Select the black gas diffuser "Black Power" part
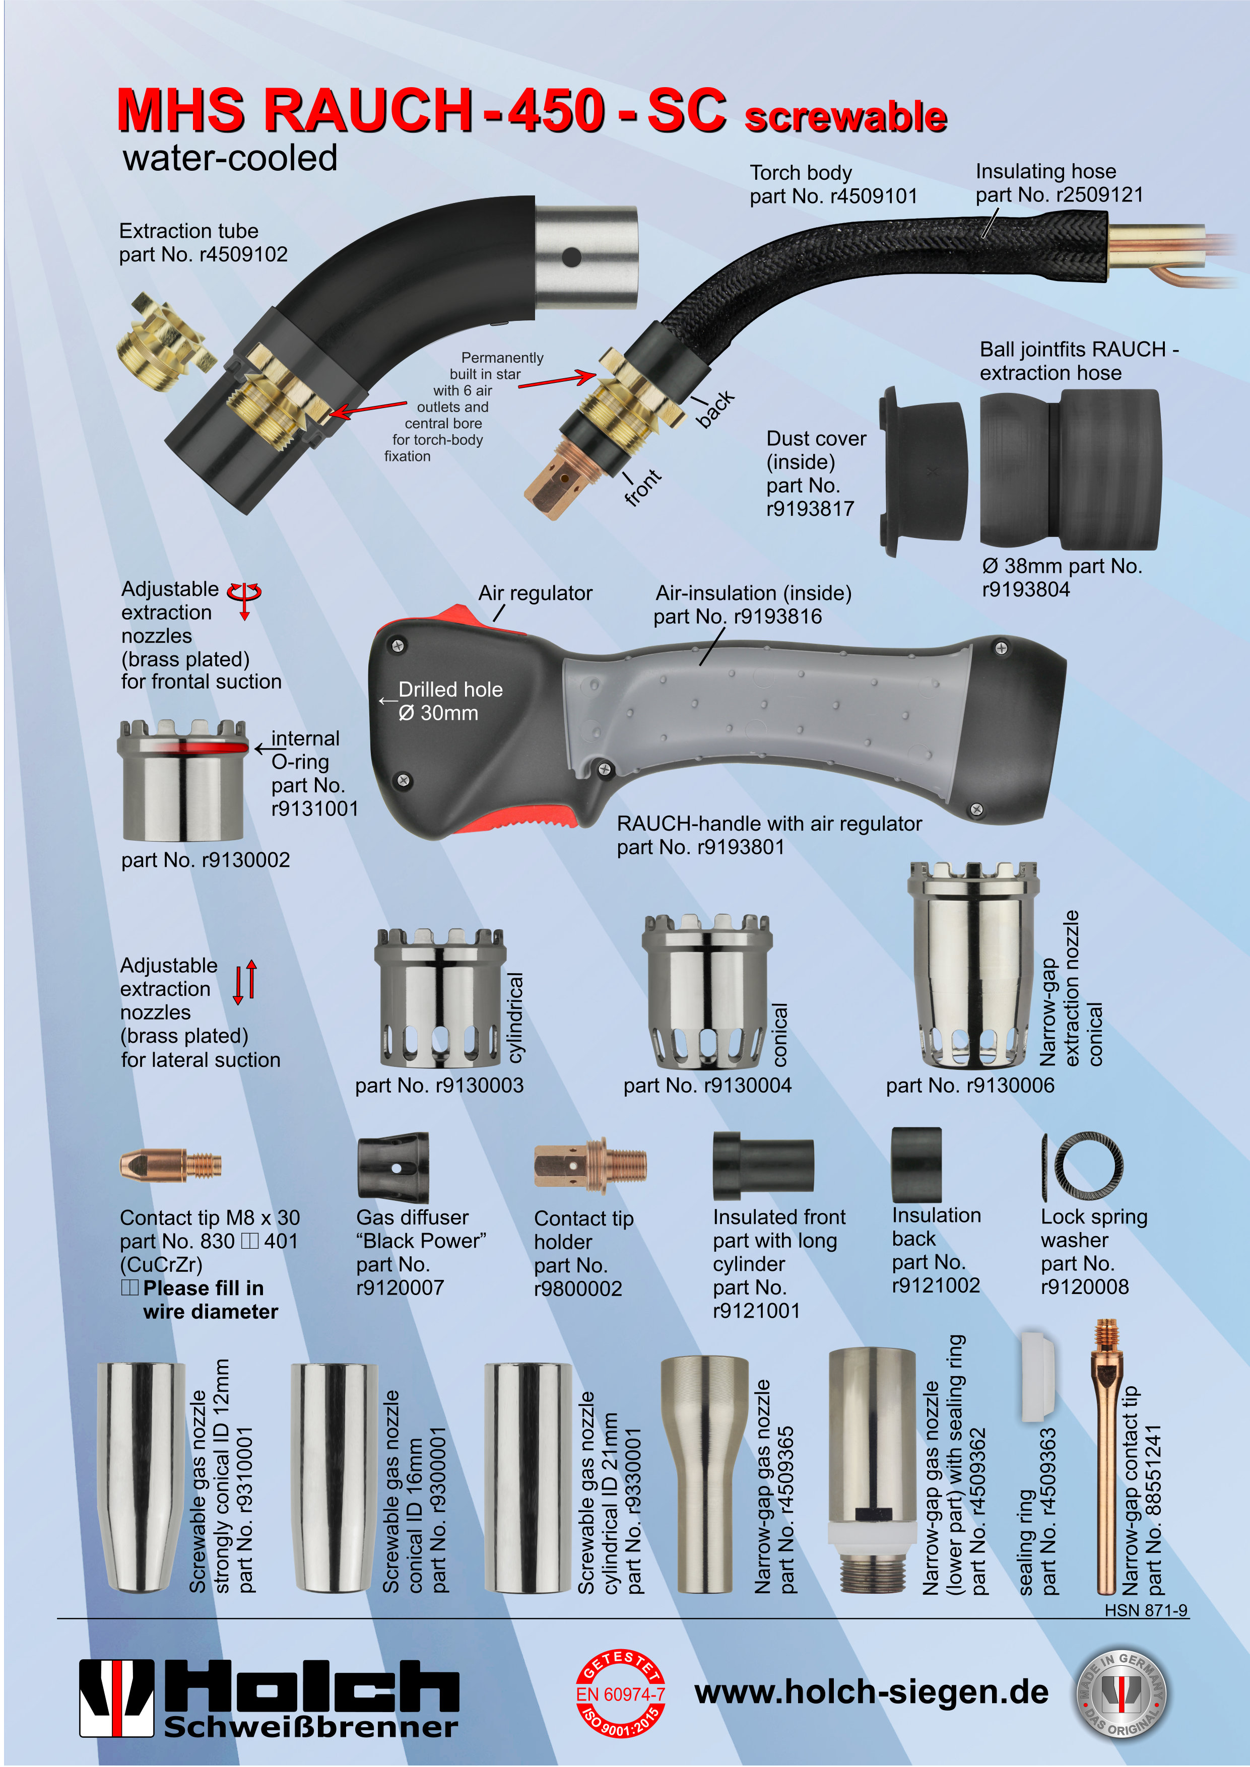pyautogui.click(x=393, y=1167)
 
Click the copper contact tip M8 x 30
pyautogui.click(x=171, y=1165)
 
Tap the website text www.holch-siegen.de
pyautogui.click(x=871, y=1692)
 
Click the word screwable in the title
pyautogui.click(x=846, y=117)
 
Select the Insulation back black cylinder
pyautogui.click(x=916, y=1165)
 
